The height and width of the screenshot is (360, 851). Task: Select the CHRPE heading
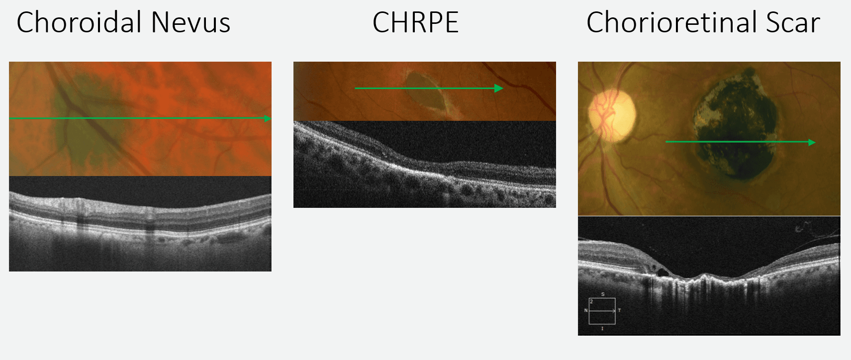point(415,23)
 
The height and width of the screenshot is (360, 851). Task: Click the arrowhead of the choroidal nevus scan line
point(268,118)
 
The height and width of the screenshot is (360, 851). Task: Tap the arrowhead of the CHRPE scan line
point(499,89)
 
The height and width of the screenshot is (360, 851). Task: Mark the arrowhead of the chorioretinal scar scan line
point(812,142)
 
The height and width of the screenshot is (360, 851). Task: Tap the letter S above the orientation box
point(603,294)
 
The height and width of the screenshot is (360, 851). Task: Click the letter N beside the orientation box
point(586,311)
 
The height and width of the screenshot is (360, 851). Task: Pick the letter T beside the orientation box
point(619,311)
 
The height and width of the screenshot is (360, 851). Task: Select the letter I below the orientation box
point(602,329)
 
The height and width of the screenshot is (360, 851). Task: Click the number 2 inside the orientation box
point(591,302)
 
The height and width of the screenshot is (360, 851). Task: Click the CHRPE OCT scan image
point(424,164)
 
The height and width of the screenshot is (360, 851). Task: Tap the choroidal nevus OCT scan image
point(140,224)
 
